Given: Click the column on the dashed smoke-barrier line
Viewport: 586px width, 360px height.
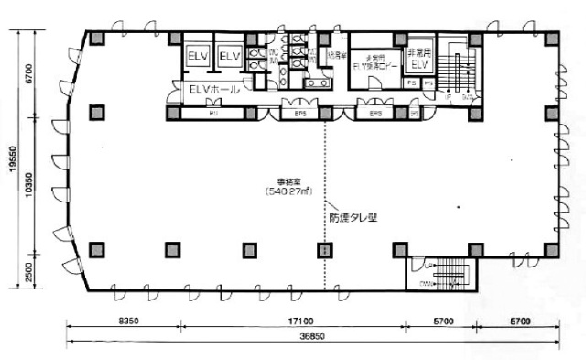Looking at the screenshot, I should click(x=322, y=249).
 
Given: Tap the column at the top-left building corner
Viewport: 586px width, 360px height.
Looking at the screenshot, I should click(x=94, y=38).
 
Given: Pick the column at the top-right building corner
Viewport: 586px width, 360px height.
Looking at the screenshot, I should click(x=548, y=38).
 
